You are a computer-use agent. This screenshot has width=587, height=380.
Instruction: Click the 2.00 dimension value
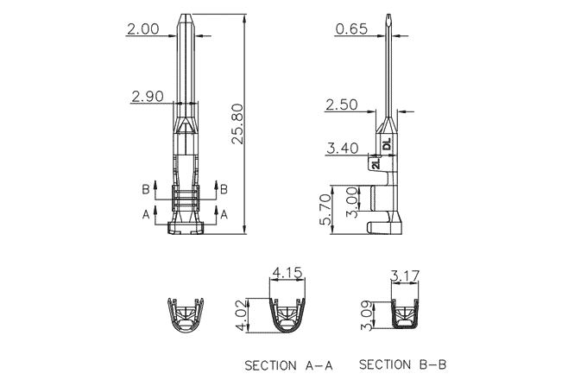click(143, 28)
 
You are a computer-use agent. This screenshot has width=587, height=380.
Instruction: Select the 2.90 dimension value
click(148, 97)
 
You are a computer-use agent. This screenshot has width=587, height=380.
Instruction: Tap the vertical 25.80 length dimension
click(237, 123)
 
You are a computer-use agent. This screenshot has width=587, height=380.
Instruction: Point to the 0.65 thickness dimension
click(351, 28)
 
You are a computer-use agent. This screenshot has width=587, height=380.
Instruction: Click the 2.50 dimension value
click(342, 104)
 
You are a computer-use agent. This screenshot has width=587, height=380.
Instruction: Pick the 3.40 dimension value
click(342, 149)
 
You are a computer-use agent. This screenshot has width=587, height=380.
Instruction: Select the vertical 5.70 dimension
click(325, 210)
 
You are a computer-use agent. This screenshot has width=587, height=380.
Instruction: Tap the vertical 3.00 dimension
click(352, 202)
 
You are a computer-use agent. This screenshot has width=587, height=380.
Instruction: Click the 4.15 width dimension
click(287, 273)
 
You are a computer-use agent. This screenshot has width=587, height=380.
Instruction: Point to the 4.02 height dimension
click(242, 315)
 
